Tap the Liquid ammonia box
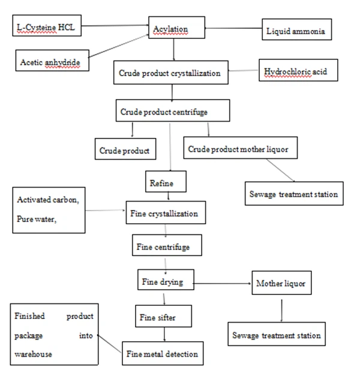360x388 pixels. [x=296, y=31]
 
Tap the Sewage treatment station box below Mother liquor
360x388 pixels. [x=276, y=335]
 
